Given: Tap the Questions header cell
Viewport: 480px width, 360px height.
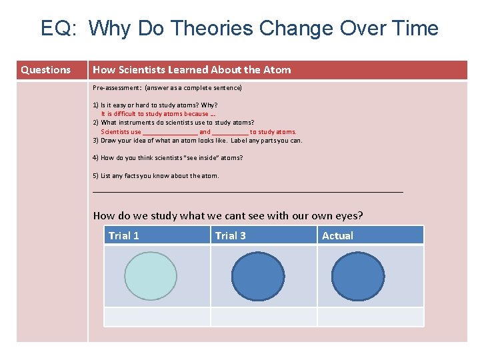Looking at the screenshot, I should coord(45,70).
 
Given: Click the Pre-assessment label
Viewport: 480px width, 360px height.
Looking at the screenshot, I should coord(112,88).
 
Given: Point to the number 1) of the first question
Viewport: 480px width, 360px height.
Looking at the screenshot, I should coord(96,105).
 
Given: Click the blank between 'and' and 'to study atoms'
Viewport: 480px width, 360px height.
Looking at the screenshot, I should coord(230,132).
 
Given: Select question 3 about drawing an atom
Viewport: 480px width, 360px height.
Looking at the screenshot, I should coord(197,141).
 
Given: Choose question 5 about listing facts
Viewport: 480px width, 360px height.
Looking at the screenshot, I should coord(156,176).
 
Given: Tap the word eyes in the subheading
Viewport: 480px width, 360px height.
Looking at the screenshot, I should coord(349,215).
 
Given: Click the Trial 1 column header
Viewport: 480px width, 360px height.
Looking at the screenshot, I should coord(124,235).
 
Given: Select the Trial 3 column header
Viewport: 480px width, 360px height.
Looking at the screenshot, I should coord(230,235).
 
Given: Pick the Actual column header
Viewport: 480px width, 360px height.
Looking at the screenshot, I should coord(337,235).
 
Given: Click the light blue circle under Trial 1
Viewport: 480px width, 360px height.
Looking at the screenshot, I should coord(151,277).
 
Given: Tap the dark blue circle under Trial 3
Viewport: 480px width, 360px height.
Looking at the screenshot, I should coord(258,277).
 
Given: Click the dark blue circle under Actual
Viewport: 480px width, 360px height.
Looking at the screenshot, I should coord(358,277).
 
